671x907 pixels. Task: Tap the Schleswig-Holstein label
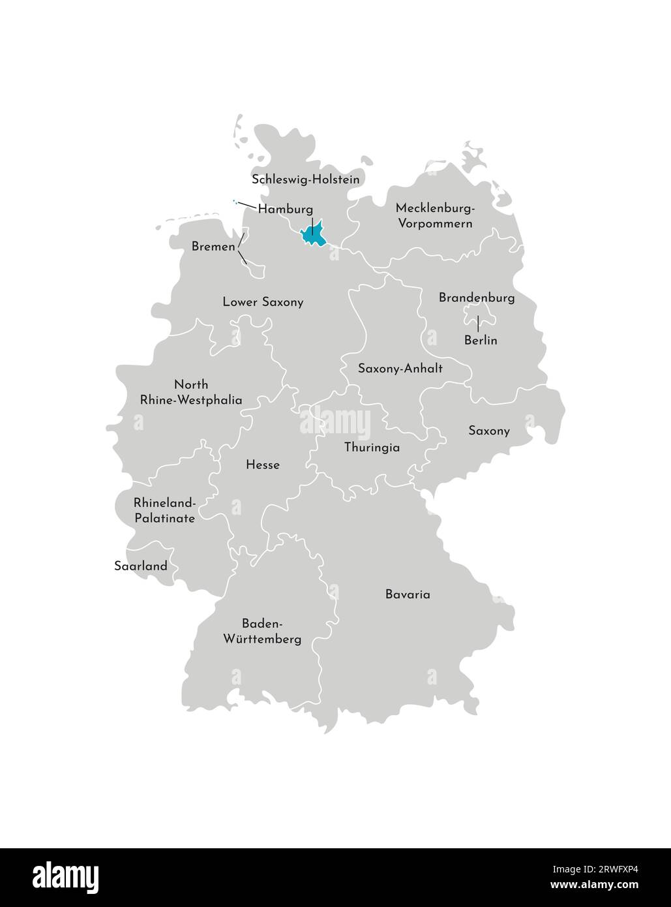(305, 179)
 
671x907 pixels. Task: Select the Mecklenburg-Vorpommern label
(434, 216)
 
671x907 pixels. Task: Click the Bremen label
(213, 247)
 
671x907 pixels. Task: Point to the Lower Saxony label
(263, 302)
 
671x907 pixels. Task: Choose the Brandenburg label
(476, 298)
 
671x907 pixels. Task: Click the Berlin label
(481, 341)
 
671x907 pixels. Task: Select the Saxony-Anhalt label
(400, 369)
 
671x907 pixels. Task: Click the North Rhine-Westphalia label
(191, 392)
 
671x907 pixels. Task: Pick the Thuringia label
(372, 448)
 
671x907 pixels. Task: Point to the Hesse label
(263, 465)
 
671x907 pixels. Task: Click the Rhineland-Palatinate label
(164, 511)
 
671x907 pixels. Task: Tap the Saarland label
(141, 566)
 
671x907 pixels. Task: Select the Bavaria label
(408, 595)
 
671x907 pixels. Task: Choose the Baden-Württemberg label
(262, 631)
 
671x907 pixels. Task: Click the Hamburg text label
(285, 209)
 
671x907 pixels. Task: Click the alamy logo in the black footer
(65, 876)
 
